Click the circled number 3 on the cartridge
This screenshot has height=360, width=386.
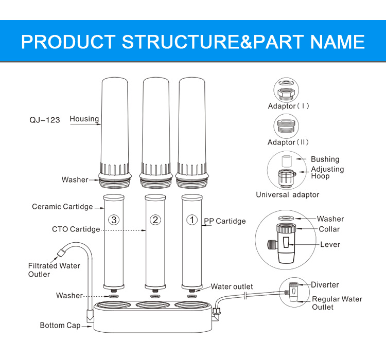pyautogui.click(x=114, y=220)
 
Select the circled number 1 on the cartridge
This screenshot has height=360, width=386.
pyautogui.click(x=191, y=220)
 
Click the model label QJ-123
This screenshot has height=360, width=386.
pyautogui.click(x=45, y=120)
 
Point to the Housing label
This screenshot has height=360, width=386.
pyautogui.click(x=84, y=119)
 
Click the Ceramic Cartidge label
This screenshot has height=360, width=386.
pyautogui.click(x=62, y=207)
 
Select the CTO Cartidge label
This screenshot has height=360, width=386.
pyautogui.click(x=76, y=229)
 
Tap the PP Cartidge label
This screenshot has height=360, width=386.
pyautogui.click(x=224, y=221)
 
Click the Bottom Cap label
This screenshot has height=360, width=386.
pyautogui.click(x=60, y=326)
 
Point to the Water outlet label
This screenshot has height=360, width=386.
pyautogui.click(x=232, y=286)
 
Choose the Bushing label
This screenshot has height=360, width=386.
pyautogui.click(x=325, y=159)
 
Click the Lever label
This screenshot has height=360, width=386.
pyautogui.click(x=330, y=244)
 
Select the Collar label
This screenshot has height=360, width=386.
pyautogui.click(x=329, y=229)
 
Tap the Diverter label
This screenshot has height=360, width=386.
pyautogui.click(x=325, y=285)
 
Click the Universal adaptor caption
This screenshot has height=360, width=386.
pyautogui.click(x=288, y=195)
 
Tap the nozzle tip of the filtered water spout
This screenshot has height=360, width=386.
pyautogui.click(x=58, y=253)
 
